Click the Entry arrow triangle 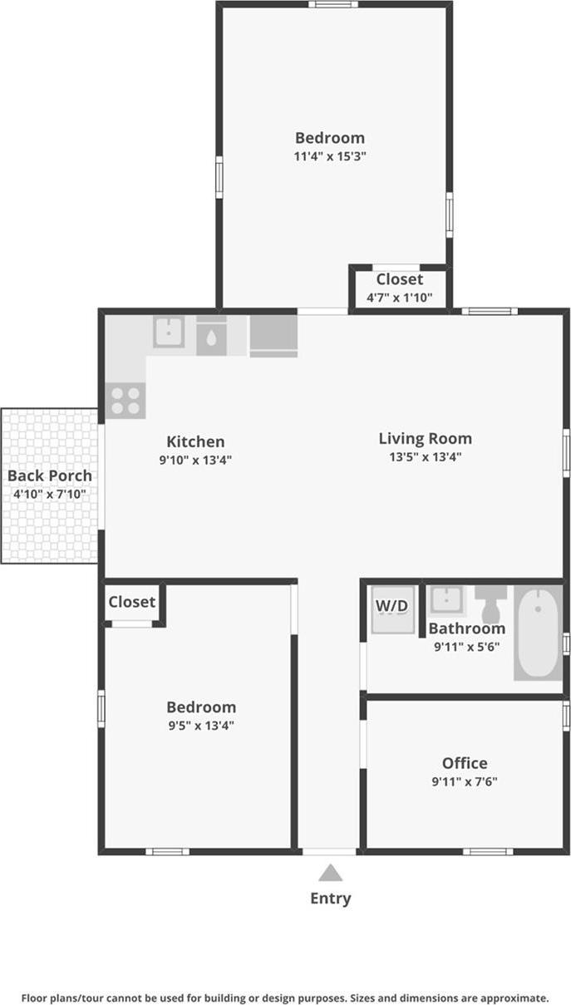pyautogui.click(x=330, y=872)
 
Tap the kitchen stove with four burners pyautogui.click(x=126, y=400)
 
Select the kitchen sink pyautogui.click(x=169, y=332)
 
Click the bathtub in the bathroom pyautogui.click(x=538, y=632)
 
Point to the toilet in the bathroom pyautogui.click(x=490, y=603)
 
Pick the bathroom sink pyautogui.click(x=446, y=600)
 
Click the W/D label pyautogui.click(x=392, y=606)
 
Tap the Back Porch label pyautogui.click(x=50, y=475)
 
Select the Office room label pyautogui.click(x=465, y=763)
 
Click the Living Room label pyautogui.click(x=426, y=438)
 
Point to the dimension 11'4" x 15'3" pyautogui.click(x=330, y=156)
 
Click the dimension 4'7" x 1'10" pyautogui.click(x=399, y=297)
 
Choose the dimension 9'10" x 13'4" pyautogui.click(x=195, y=460)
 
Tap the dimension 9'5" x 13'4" pyautogui.click(x=201, y=726)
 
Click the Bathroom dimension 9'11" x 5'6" pyautogui.click(x=467, y=647)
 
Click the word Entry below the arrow pyautogui.click(x=331, y=899)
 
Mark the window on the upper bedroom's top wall pyautogui.click(x=333, y=4)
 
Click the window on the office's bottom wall pyautogui.click(x=488, y=851)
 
